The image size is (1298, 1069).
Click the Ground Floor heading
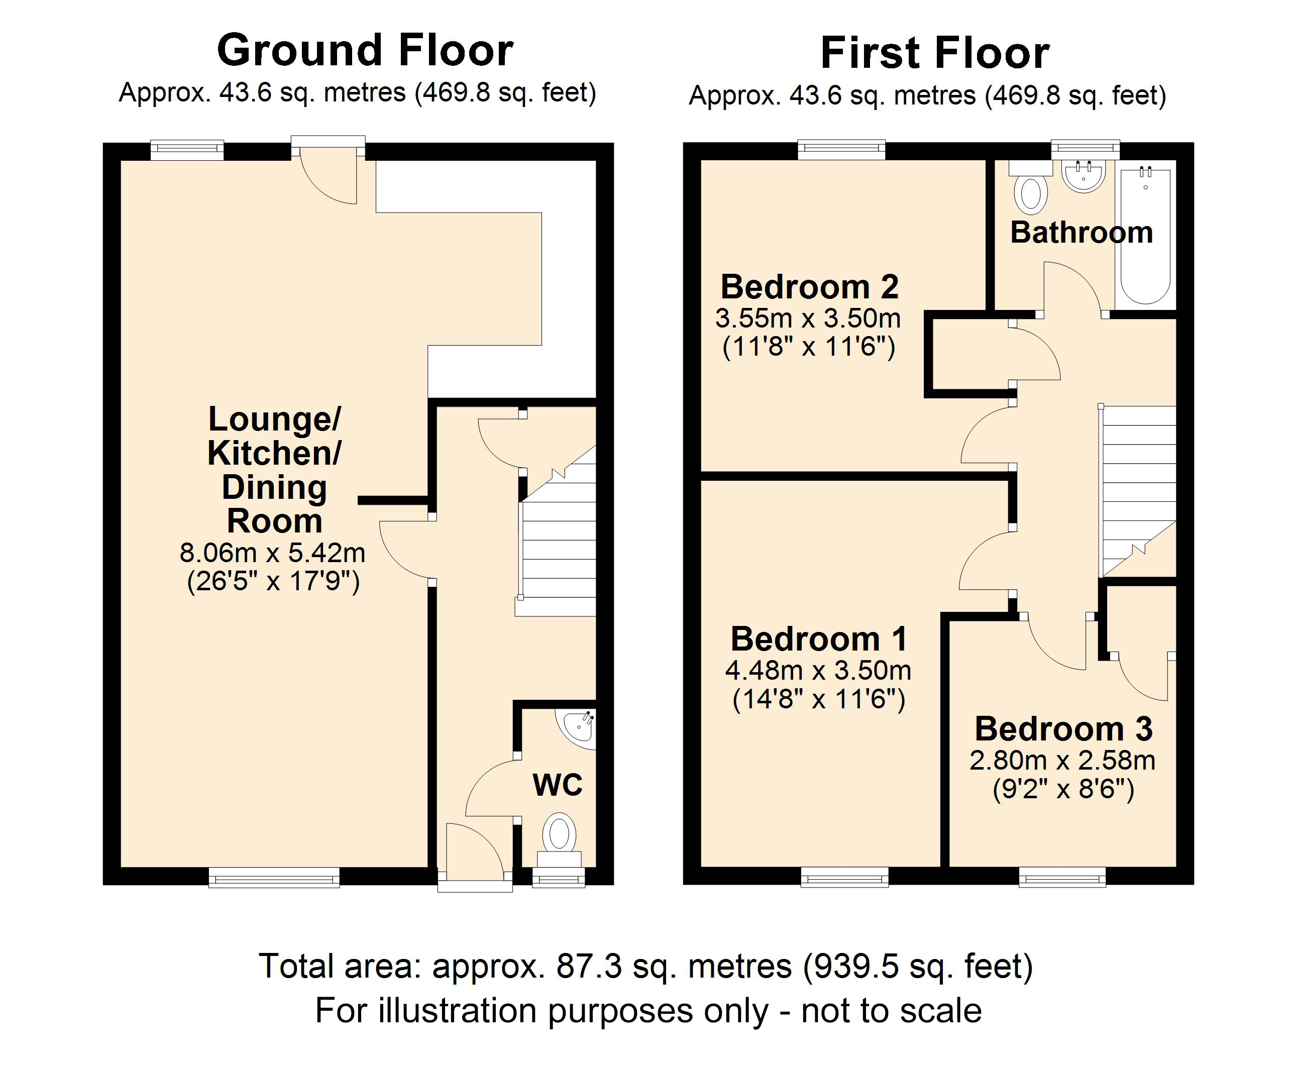tap(365, 51)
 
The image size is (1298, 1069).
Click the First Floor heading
tap(934, 54)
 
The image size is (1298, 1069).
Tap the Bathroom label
tap(1081, 233)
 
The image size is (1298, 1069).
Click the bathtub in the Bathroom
tap(1145, 237)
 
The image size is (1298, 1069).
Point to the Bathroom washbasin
tap(1083, 176)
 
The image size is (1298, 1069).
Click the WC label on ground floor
tap(557, 785)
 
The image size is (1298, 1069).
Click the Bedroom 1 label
tap(818, 639)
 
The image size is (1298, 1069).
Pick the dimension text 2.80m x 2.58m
tap(1062, 761)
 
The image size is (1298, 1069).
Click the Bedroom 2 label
tap(809, 287)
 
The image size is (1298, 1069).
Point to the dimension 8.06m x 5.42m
tap(272, 553)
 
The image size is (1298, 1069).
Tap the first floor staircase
tap(1138, 486)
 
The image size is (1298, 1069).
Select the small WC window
tap(558, 877)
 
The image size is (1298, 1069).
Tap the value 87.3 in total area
tap(589, 966)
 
